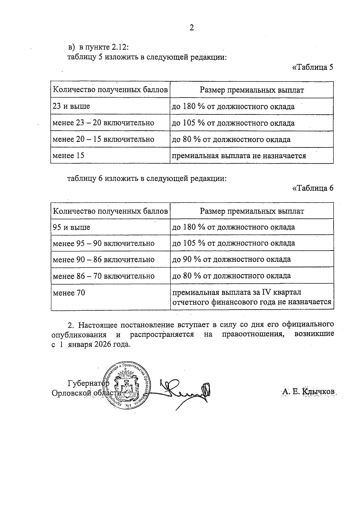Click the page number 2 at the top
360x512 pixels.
192,28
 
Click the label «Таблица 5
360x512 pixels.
313,67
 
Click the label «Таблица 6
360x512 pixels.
313,188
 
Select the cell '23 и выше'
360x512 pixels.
71,106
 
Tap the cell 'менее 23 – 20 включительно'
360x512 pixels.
103,123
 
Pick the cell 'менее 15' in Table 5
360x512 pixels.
68,156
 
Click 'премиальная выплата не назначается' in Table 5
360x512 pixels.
239,156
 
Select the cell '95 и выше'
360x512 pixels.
71,227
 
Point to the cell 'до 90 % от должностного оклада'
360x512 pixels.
231,259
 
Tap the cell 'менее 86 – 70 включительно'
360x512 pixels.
103,276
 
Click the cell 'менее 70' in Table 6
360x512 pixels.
69,292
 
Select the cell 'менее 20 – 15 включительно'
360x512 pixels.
103,139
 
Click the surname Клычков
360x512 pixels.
319,392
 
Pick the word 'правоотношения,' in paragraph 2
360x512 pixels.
253,334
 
